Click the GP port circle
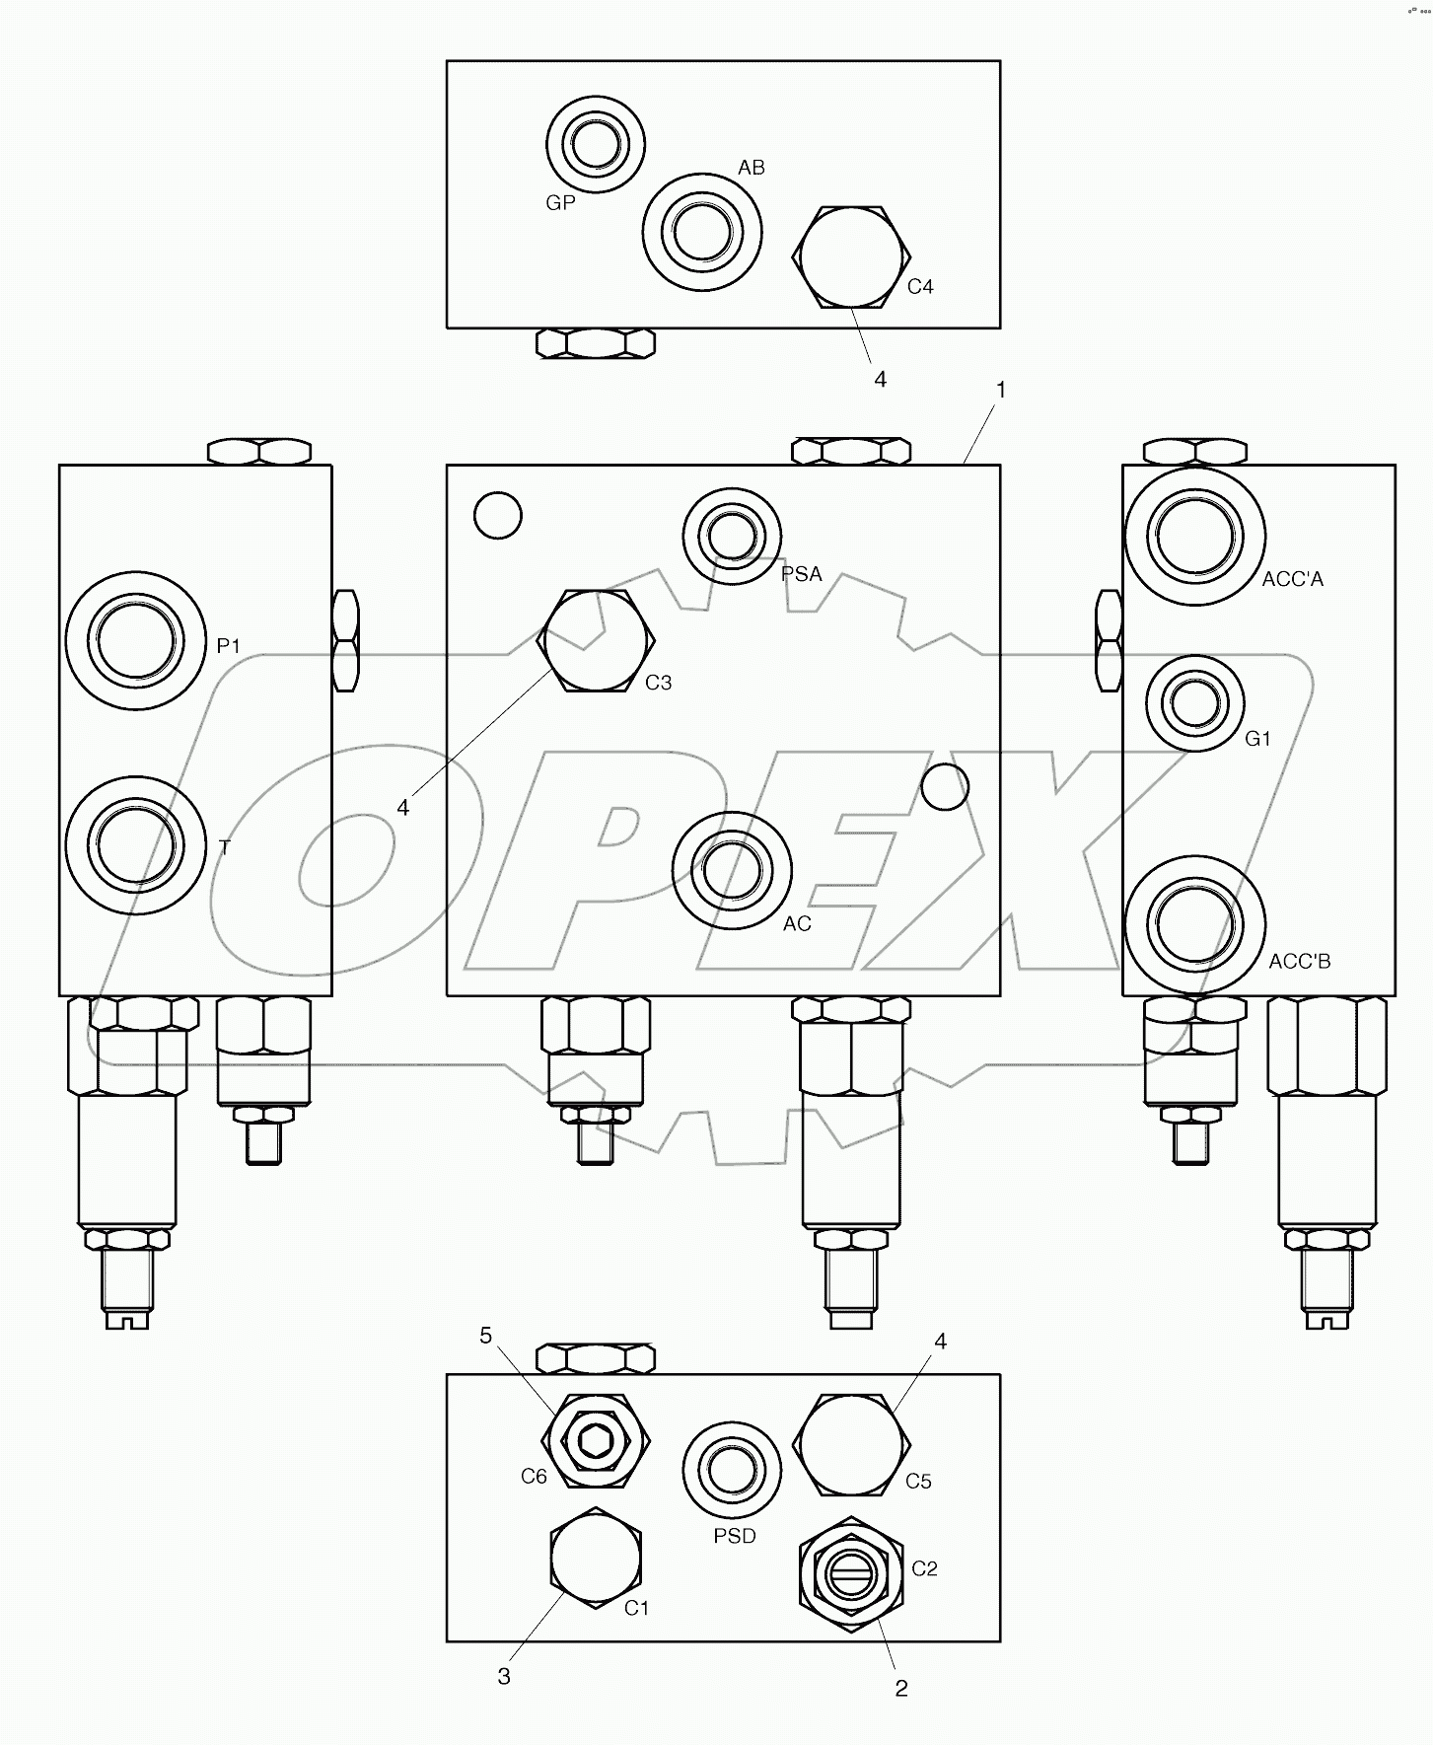[x=596, y=145]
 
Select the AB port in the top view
[x=702, y=233]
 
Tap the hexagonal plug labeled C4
[x=850, y=256]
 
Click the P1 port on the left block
[x=136, y=640]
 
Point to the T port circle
[x=136, y=845]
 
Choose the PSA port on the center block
[x=732, y=536]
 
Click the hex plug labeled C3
[x=596, y=641]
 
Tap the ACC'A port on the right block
[x=1195, y=536]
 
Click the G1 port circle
[x=1195, y=703]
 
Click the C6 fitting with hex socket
[x=596, y=1442]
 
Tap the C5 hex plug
[x=850, y=1444]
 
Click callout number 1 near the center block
[x=1001, y=391]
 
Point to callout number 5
[x=485, y=1336]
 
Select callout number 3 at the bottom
[x=504, y=1677]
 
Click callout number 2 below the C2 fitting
[x=901, y=1689]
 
